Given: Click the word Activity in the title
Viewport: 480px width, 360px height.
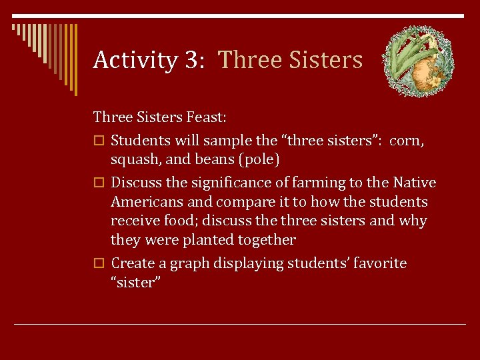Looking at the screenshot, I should (x=135, y=61).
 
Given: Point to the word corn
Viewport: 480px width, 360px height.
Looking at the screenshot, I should (x=407, y=141).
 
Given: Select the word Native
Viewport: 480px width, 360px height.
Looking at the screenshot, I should (x=414, y=183).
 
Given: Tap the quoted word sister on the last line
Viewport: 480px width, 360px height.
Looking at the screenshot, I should (x=135, y=282).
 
